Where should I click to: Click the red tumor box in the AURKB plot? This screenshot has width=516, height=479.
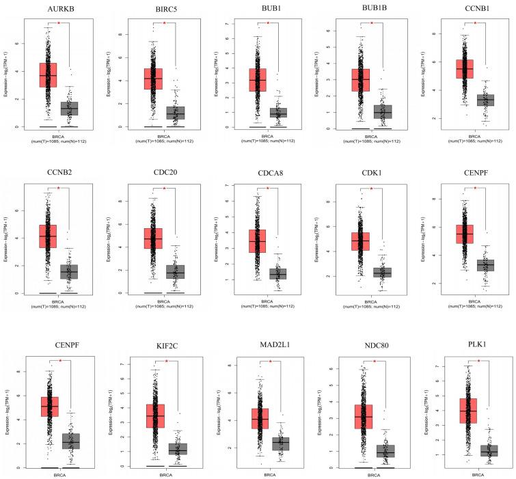tap(48, 74)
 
